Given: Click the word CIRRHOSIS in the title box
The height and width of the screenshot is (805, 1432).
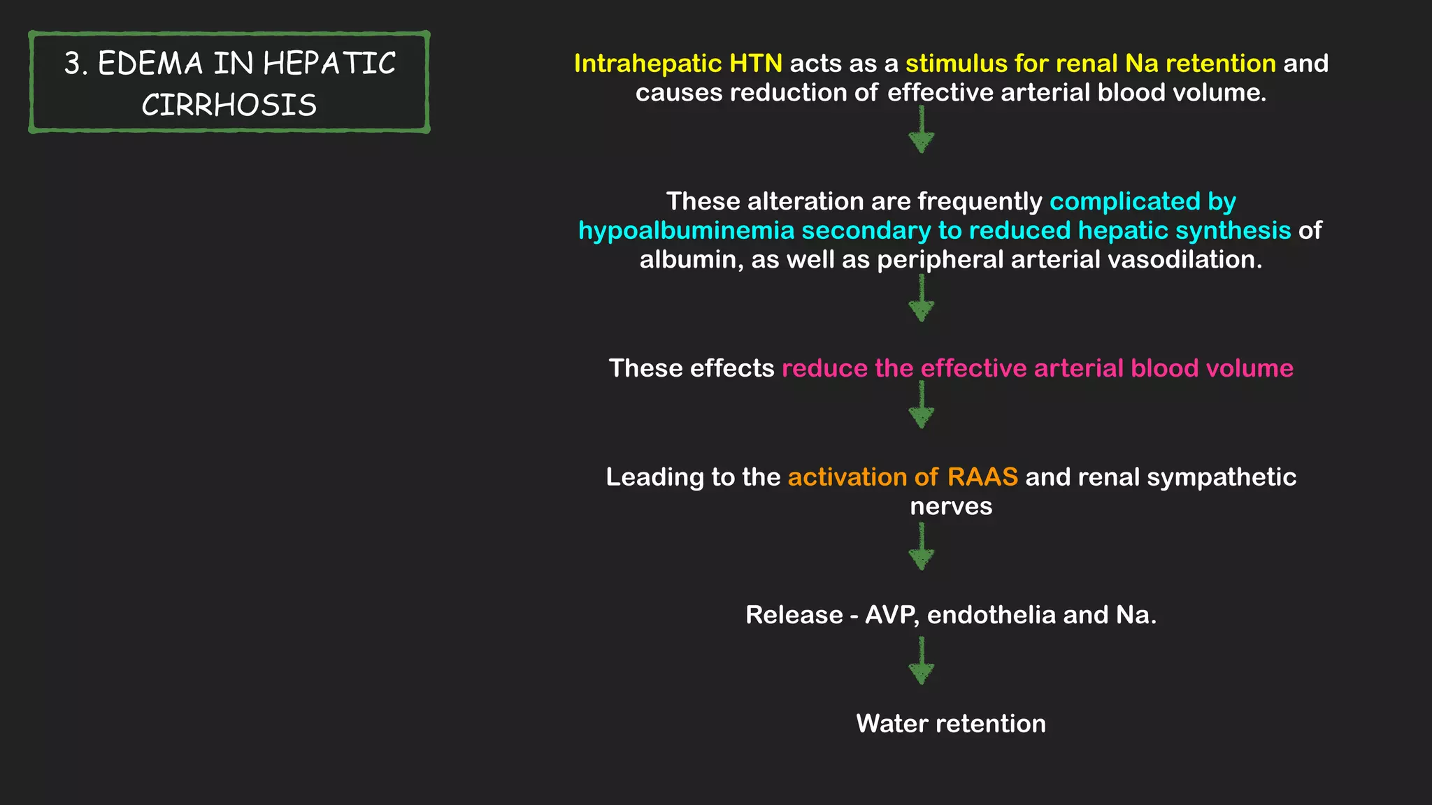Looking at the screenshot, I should (x=229, y=106).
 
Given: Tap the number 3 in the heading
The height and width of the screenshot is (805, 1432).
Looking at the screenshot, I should (x=71, y=64).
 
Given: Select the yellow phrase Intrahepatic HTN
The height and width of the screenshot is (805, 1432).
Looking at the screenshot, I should (x=678, y=64).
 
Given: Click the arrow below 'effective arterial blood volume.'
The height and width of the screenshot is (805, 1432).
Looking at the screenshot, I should (x=922, y=131).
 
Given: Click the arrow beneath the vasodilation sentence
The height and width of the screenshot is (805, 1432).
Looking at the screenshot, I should (x=922, y=299).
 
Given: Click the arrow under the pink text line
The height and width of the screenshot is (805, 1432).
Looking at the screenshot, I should (x=922, y=406).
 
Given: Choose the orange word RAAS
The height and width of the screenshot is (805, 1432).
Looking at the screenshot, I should (x=982, y=477).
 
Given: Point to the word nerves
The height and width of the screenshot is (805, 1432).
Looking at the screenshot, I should (x=951, y=507).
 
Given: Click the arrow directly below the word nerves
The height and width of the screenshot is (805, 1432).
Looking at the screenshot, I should (x=922, y=548).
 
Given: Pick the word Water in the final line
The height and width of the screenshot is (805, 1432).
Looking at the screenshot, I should (x=892, y=724).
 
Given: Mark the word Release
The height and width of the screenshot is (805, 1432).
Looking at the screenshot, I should (x=794, y=615).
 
